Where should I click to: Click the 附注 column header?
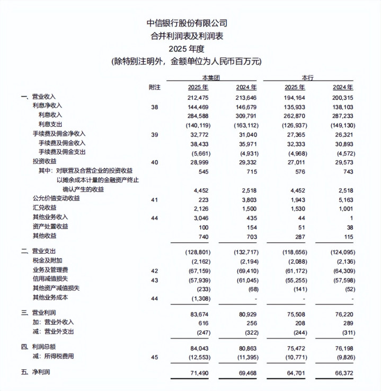tap(154, 87)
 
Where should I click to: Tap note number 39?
tap(155, 135)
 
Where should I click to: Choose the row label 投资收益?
tap(43, 160)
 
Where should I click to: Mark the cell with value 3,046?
tap(200, 217)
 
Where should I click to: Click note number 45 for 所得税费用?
tap(155, 357)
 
